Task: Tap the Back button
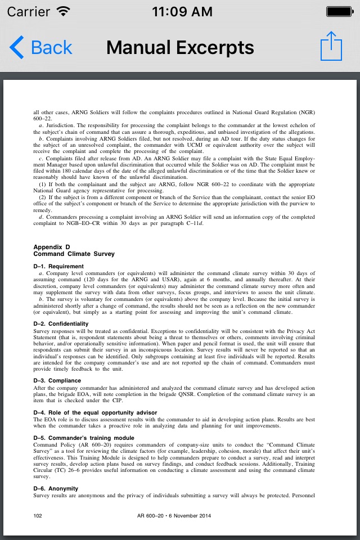(x=41, y=48)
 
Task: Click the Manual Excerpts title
(x=180, y=47)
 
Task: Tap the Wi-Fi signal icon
(x=64, y=11)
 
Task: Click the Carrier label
(x=28, y=11)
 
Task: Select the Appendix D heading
(x=52, y=247)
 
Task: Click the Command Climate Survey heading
(x=74, y=254)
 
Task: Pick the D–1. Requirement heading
(x=58, y=266)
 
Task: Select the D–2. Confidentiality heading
(x=61, y=324)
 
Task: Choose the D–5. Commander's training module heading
(x=84, y=438)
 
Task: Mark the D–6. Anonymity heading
(x=56, y=488)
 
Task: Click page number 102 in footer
(x=38, y=515)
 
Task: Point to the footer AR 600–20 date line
(x=174, y=515)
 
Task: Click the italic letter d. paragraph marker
(x=40, y=217)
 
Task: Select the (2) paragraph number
(x=42, y=197)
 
